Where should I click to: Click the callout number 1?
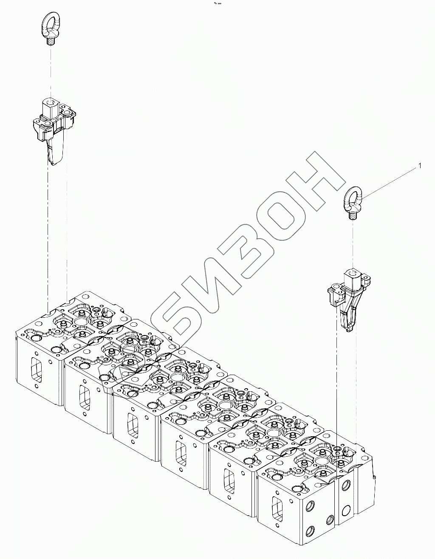click(x=420, y=166)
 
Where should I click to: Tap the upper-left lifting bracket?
click(x=53, y=127)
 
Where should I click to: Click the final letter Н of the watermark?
click(x=314, y=178)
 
